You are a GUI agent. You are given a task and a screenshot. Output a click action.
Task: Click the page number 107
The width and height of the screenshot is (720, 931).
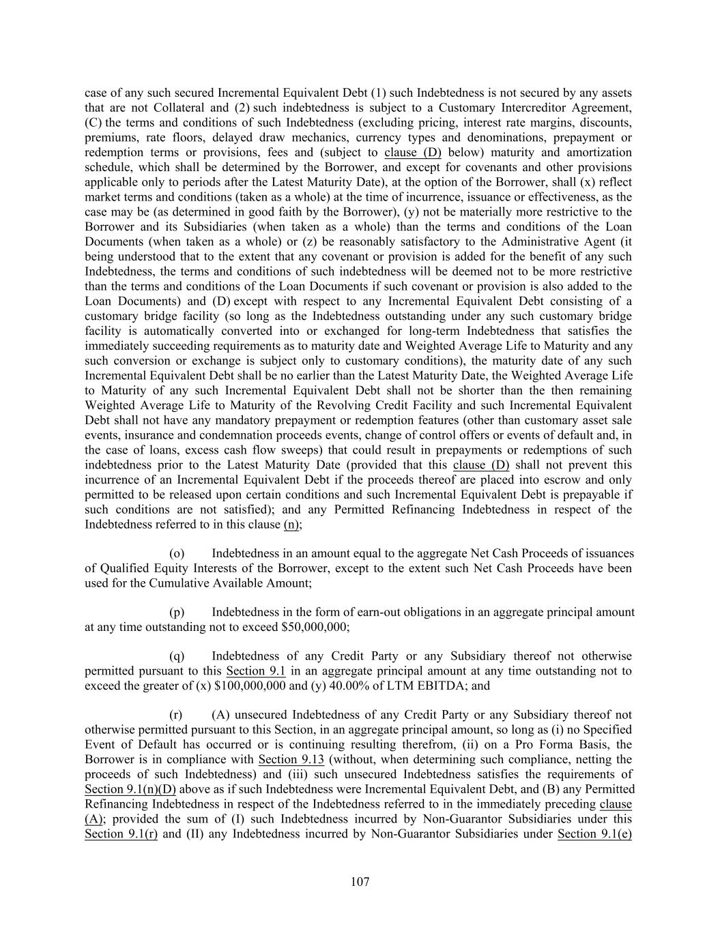click(x=360, y=882)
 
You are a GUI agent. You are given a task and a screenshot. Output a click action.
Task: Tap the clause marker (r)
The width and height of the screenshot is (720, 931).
click(x=176, y=715)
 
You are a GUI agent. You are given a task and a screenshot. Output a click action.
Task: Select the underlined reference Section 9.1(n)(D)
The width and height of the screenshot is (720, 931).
click(x=130, y=789)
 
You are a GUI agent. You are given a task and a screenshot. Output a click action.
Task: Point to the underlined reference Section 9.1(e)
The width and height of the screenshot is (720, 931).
click(x=594, y=833)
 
